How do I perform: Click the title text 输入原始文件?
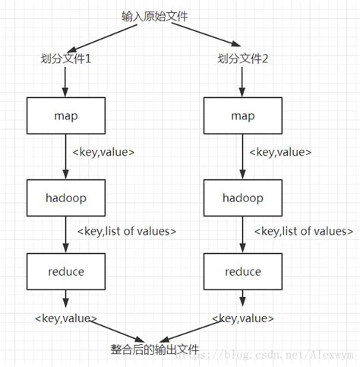pos(154,16)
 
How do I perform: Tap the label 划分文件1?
pos(66,59)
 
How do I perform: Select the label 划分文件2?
pos(244,59)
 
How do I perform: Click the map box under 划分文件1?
pos(66,115)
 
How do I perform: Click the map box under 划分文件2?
pos(244,115)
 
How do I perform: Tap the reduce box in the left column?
pos(66,271)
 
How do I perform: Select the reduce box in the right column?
pos(244,271)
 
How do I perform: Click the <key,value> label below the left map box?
pos(103,152)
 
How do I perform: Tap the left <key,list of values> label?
pos(127,231)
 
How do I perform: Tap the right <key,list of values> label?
pos(303,231)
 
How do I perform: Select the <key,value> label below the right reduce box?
pos(243,318)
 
